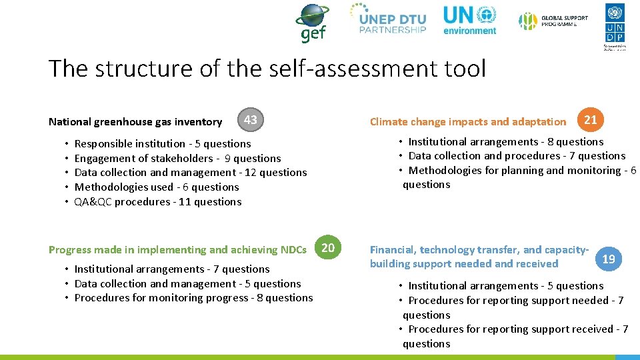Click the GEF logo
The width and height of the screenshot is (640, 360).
pos(311,23)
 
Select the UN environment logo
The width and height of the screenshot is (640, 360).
pos(470,20)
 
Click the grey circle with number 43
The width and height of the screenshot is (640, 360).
pos(251,120)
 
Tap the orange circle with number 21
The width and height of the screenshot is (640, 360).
pos(590,120)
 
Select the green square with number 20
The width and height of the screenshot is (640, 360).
pos(328,249)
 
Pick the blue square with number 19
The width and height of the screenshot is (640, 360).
pos(608,259)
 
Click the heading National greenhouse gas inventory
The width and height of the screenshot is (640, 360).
pos(135,121)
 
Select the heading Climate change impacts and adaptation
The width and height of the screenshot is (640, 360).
pos(467,121)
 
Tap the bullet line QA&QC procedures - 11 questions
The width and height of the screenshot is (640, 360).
pos(158,201)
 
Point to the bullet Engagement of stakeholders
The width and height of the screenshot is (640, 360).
pos(177,158)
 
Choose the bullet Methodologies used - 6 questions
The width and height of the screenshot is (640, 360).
pos(157,187)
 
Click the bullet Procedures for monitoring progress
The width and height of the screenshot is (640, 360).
pos(193,297)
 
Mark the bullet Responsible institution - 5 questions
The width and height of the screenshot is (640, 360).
pos(163,143)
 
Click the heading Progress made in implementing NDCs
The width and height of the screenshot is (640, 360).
pos(177,249)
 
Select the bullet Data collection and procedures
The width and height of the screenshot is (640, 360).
pos(517,155)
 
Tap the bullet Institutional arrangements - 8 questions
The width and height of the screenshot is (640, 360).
pos(505,141)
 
